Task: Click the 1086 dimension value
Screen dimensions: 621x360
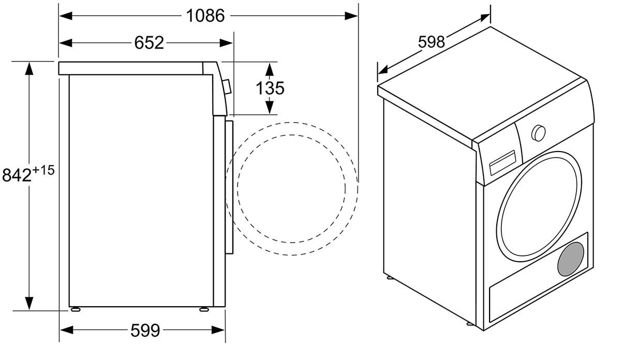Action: [205, 16]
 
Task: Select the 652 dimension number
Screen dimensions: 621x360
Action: [149, 43]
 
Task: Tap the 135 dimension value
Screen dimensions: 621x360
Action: [270, 88]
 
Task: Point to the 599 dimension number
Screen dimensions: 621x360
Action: [145, 330]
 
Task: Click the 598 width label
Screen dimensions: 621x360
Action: [431, 42]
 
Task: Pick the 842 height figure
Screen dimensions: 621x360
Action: [17, 175]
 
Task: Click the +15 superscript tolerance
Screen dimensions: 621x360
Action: [43, 170]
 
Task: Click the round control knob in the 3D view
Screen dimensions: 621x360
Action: [538, 133]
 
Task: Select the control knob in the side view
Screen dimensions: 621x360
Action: [227, 87]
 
